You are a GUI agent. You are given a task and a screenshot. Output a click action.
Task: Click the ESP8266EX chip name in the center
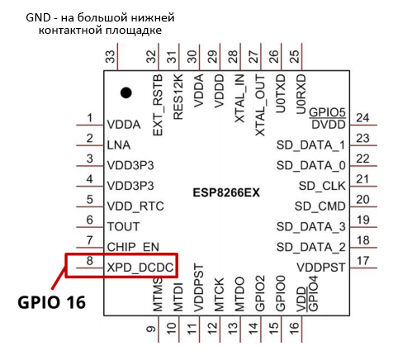click(226, 192)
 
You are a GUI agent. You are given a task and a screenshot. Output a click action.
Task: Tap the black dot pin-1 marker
click(126, 92)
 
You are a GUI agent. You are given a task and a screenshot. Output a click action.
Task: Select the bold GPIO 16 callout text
click(52, 302)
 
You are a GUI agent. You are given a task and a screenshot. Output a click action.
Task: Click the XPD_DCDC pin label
click(140, 268)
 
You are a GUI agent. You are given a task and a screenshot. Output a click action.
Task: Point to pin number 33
click(111, 56)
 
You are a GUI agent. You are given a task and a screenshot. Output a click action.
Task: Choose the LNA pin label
click(119, 145)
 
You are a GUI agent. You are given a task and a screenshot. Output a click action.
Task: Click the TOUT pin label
click(123, 226)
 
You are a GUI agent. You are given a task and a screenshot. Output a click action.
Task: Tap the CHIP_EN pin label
click(133, 247)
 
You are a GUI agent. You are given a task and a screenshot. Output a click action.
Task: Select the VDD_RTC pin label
click(135, 206)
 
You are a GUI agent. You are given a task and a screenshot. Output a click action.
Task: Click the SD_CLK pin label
click(322, 186)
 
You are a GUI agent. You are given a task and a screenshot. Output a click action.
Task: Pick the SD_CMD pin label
click(320, 206)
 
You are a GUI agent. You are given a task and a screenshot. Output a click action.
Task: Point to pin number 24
click(362, 118)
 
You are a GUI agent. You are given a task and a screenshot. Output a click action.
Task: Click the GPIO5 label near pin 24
click(327, 113)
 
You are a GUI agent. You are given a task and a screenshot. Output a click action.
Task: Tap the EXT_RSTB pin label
click(158, 105)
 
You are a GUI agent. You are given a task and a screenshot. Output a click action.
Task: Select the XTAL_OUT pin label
click(260, 106)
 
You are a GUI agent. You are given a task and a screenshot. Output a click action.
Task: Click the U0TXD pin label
click(281, 94)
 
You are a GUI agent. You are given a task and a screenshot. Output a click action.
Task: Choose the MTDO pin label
click(239, 294)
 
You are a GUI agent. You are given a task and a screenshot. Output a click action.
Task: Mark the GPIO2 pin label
click(260, 293)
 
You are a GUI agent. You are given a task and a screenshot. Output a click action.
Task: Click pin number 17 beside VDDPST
click(362, 261)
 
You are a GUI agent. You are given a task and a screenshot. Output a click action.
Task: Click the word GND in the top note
click(38, 17)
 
